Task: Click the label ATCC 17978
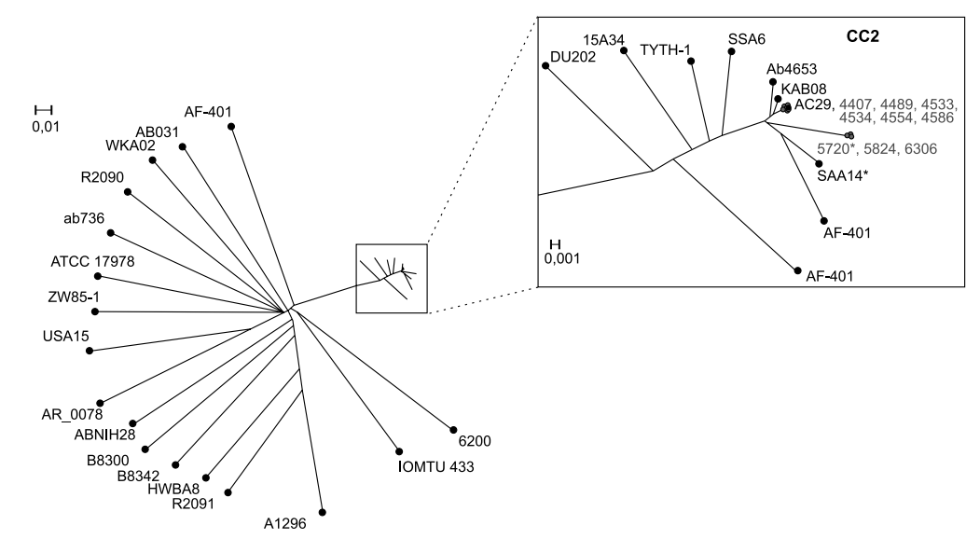pyautogui.click(x=92, y=261)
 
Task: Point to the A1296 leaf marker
pyautogui.click(x=323, y=512)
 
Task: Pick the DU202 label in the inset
pyautogui.click(x=573, y=56)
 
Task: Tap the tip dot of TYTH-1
pyautogui.click(x=691, y=62)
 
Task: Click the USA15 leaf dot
pyautogui.click(x=90, y=352)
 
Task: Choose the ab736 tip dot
pyautogui.click(x=111, y=232)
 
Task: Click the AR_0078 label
pyautogui.click(x=71, y=414)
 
